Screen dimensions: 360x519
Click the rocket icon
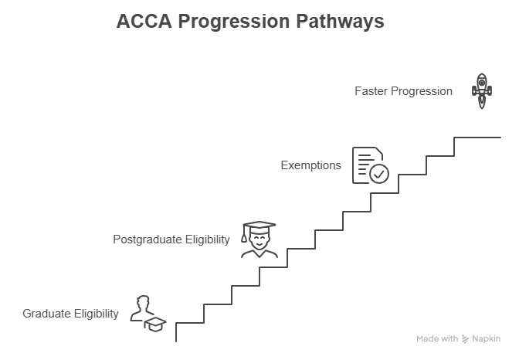(x=482, y=90)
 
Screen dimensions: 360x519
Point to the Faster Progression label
(x=403, y=91)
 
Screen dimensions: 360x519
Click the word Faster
(x=371, y=91)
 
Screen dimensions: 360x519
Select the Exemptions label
(x=310, y=165)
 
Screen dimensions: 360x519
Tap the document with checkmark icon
(x=370, y=165)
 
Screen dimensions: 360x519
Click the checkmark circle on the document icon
(x=378, y=174)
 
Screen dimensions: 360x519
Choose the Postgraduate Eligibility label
(x=171, y=239)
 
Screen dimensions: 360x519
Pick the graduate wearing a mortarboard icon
(x=259, y=239)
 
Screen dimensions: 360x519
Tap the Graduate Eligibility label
(x=71, y=314)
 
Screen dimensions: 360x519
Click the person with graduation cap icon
(x=147, y=313)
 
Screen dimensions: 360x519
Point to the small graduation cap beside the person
(x=157, y=324)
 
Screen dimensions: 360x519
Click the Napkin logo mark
(x=466, y=339)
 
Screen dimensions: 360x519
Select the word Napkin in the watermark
(x=486, y=339)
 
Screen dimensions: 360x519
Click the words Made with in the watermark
(x=437, y=339)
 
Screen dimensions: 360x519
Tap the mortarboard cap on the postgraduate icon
(x=259, y=226)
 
